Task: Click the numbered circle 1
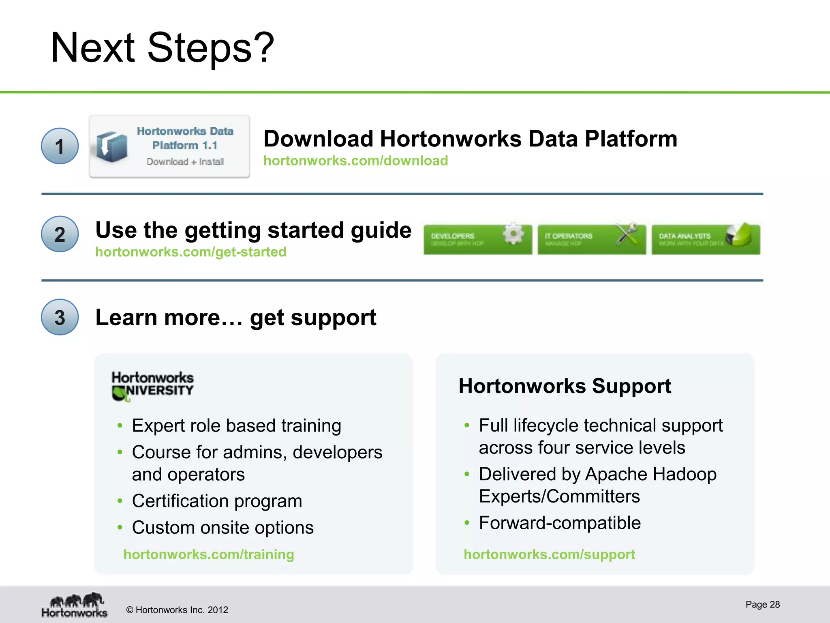click(60, 146)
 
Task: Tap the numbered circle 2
click(60, 234)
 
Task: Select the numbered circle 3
click(60, 317)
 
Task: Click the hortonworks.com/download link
click(355, 161)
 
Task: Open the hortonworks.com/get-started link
click(190, 252)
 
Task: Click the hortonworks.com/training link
click(209, 554)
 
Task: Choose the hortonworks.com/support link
click(549, 554)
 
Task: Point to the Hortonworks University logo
click(152, 386)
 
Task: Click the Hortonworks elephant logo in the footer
click(75, 605)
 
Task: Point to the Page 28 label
click(762, 604)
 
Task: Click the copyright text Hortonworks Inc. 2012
click(177, 610)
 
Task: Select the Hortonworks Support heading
click(565, 386)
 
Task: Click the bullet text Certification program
click(217, 501)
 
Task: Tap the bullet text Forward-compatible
click(560, 523)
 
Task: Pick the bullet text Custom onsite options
click(222, 528)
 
